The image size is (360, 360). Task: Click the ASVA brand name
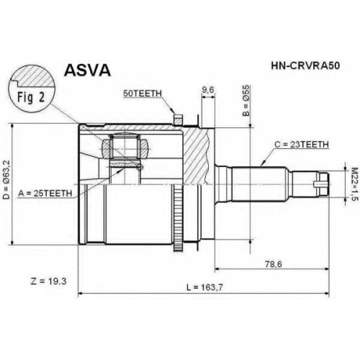click(87, 71)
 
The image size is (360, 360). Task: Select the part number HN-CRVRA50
click(305, 66)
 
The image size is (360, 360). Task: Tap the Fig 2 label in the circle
click(31, 97)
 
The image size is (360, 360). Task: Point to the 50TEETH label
click(143, 94)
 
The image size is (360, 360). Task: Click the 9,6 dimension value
click(208, 90)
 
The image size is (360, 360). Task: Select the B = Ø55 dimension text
click(246, 100)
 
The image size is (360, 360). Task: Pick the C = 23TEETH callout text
click(302, 145)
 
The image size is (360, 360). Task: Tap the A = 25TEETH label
click(45, 193)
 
